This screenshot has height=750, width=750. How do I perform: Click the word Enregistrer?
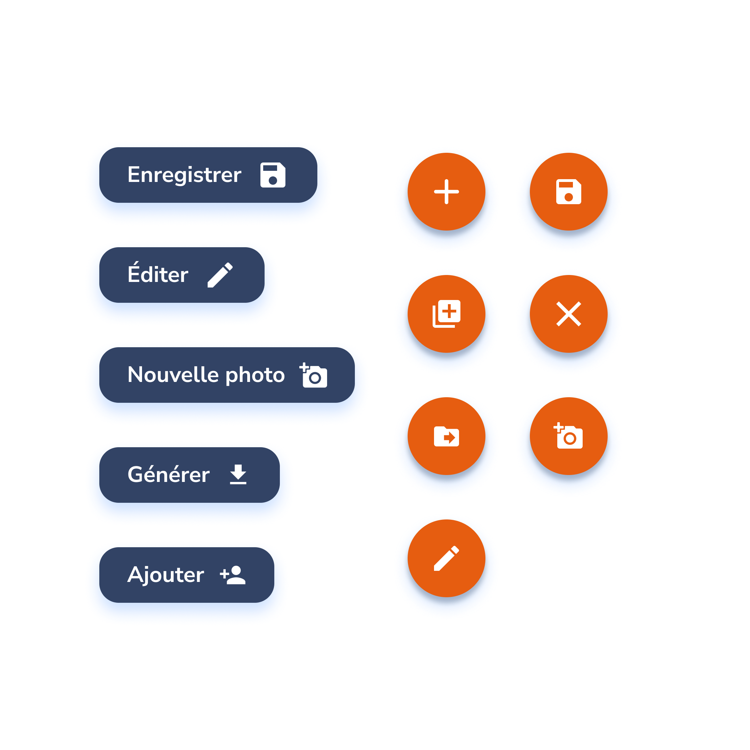[x=184, y=175]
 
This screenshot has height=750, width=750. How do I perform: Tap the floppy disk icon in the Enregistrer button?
[x=273, y=175]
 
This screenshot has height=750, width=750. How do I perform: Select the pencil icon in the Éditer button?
[x=220, y=275]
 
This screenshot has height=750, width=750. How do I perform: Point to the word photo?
[x=255, y=375]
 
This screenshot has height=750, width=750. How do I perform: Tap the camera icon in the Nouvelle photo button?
[x=314, y=375]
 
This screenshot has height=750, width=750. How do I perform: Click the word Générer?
[x=168, y=474]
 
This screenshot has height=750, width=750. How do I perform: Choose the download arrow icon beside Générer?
[x=238, y=474]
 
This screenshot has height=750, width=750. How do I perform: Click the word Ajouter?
[x=166, y=575]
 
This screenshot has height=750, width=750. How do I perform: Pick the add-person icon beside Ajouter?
[x=233, y=575]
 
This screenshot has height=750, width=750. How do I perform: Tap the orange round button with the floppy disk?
[x=569, y=192]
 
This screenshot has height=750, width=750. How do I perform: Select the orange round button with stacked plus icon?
[x=447, y=314]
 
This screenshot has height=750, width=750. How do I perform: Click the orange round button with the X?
[x=569, y=314]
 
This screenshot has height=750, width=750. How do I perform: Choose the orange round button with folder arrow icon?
[x=447, y=436]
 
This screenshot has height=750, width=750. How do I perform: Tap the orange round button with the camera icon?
[x=569, y=436]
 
